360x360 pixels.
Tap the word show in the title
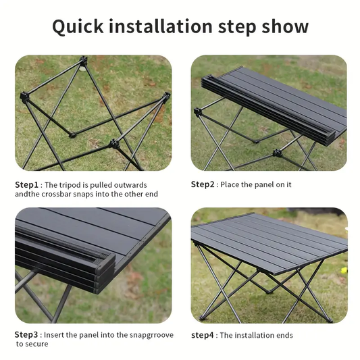pyautogui.click(x=284, y=26)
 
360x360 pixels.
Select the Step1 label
pyautogui.click(x=28, y=184)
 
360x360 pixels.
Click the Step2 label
pyautogui.click(x=203, y=184)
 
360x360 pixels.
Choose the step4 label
pyautogui.click(x=203, y=335)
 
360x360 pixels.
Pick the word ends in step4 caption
pyautogui.click(x=284, y=335)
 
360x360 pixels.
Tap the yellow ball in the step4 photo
pyautogui.click(x=343, y=270)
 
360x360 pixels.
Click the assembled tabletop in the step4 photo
pyautogui.click(x=270, y=236)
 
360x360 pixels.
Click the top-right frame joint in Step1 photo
pyautogui.click(x=164, y=100)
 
